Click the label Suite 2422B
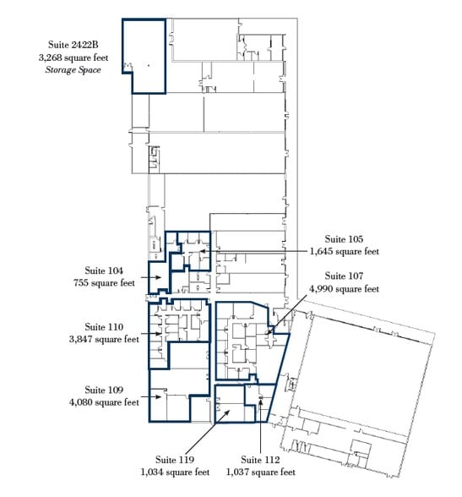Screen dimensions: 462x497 [73, 45]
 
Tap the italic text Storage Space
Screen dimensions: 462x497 [73, 69]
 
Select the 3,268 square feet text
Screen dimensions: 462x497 [73, 57]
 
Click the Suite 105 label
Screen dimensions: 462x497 [344, 239]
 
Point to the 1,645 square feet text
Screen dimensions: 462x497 [345, 251]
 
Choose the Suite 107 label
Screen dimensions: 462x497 [344, 276]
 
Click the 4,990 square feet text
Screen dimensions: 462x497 [345, 289]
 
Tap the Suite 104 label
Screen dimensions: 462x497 [104, 270]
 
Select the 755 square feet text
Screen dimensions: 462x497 [104, 282]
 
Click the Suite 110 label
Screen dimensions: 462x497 [104, 327]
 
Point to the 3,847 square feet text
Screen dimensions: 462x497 [104, 339]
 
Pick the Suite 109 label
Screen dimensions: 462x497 [104, 390]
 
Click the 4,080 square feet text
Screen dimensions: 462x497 [104, 402]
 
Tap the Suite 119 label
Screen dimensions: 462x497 [175, 460]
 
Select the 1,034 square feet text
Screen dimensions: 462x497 [175, 472]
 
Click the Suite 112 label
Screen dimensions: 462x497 [260, 460]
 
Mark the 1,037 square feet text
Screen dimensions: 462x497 [261, 472]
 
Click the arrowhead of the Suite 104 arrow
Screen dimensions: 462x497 [159, 277]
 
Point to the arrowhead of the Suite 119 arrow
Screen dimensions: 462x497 [226, 412]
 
